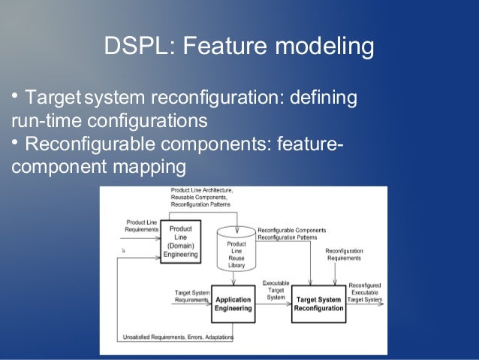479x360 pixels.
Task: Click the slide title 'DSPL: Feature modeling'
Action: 239,47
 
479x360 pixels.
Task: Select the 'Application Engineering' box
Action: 233,304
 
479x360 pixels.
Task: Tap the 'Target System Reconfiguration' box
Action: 318,304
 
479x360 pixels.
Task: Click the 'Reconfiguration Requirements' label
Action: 344,254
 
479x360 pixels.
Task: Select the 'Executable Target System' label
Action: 276,290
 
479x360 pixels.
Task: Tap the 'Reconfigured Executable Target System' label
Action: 364,292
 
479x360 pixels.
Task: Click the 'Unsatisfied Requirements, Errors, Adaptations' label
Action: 178,337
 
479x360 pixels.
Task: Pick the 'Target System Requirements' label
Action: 191,295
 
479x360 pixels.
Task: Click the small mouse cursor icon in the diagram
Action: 123,250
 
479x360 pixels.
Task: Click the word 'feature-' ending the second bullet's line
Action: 309,143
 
